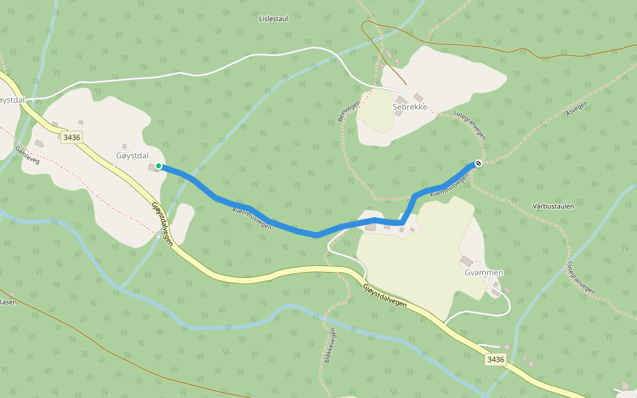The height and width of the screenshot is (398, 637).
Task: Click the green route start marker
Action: point(159,166)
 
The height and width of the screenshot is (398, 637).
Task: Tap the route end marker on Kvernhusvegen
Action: point(478,163)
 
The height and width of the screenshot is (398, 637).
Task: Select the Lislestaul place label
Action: point(273,19)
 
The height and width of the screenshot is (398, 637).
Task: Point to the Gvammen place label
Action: point(484,273)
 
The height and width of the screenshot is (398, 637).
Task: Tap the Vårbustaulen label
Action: point(553,206)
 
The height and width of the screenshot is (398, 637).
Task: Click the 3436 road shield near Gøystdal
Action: point(71,137)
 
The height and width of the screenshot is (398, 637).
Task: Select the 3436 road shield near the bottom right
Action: point(495,360)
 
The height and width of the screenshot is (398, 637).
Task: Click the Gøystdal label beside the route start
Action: point(131,155)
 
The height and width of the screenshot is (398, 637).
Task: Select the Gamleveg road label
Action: point(27,153)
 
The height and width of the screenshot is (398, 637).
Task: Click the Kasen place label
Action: point(7,302)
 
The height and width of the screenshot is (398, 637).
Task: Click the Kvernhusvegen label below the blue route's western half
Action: point(252,218)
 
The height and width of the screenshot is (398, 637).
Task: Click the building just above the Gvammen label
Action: point(466,261)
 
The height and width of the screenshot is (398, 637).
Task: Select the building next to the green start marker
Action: point(153,168)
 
